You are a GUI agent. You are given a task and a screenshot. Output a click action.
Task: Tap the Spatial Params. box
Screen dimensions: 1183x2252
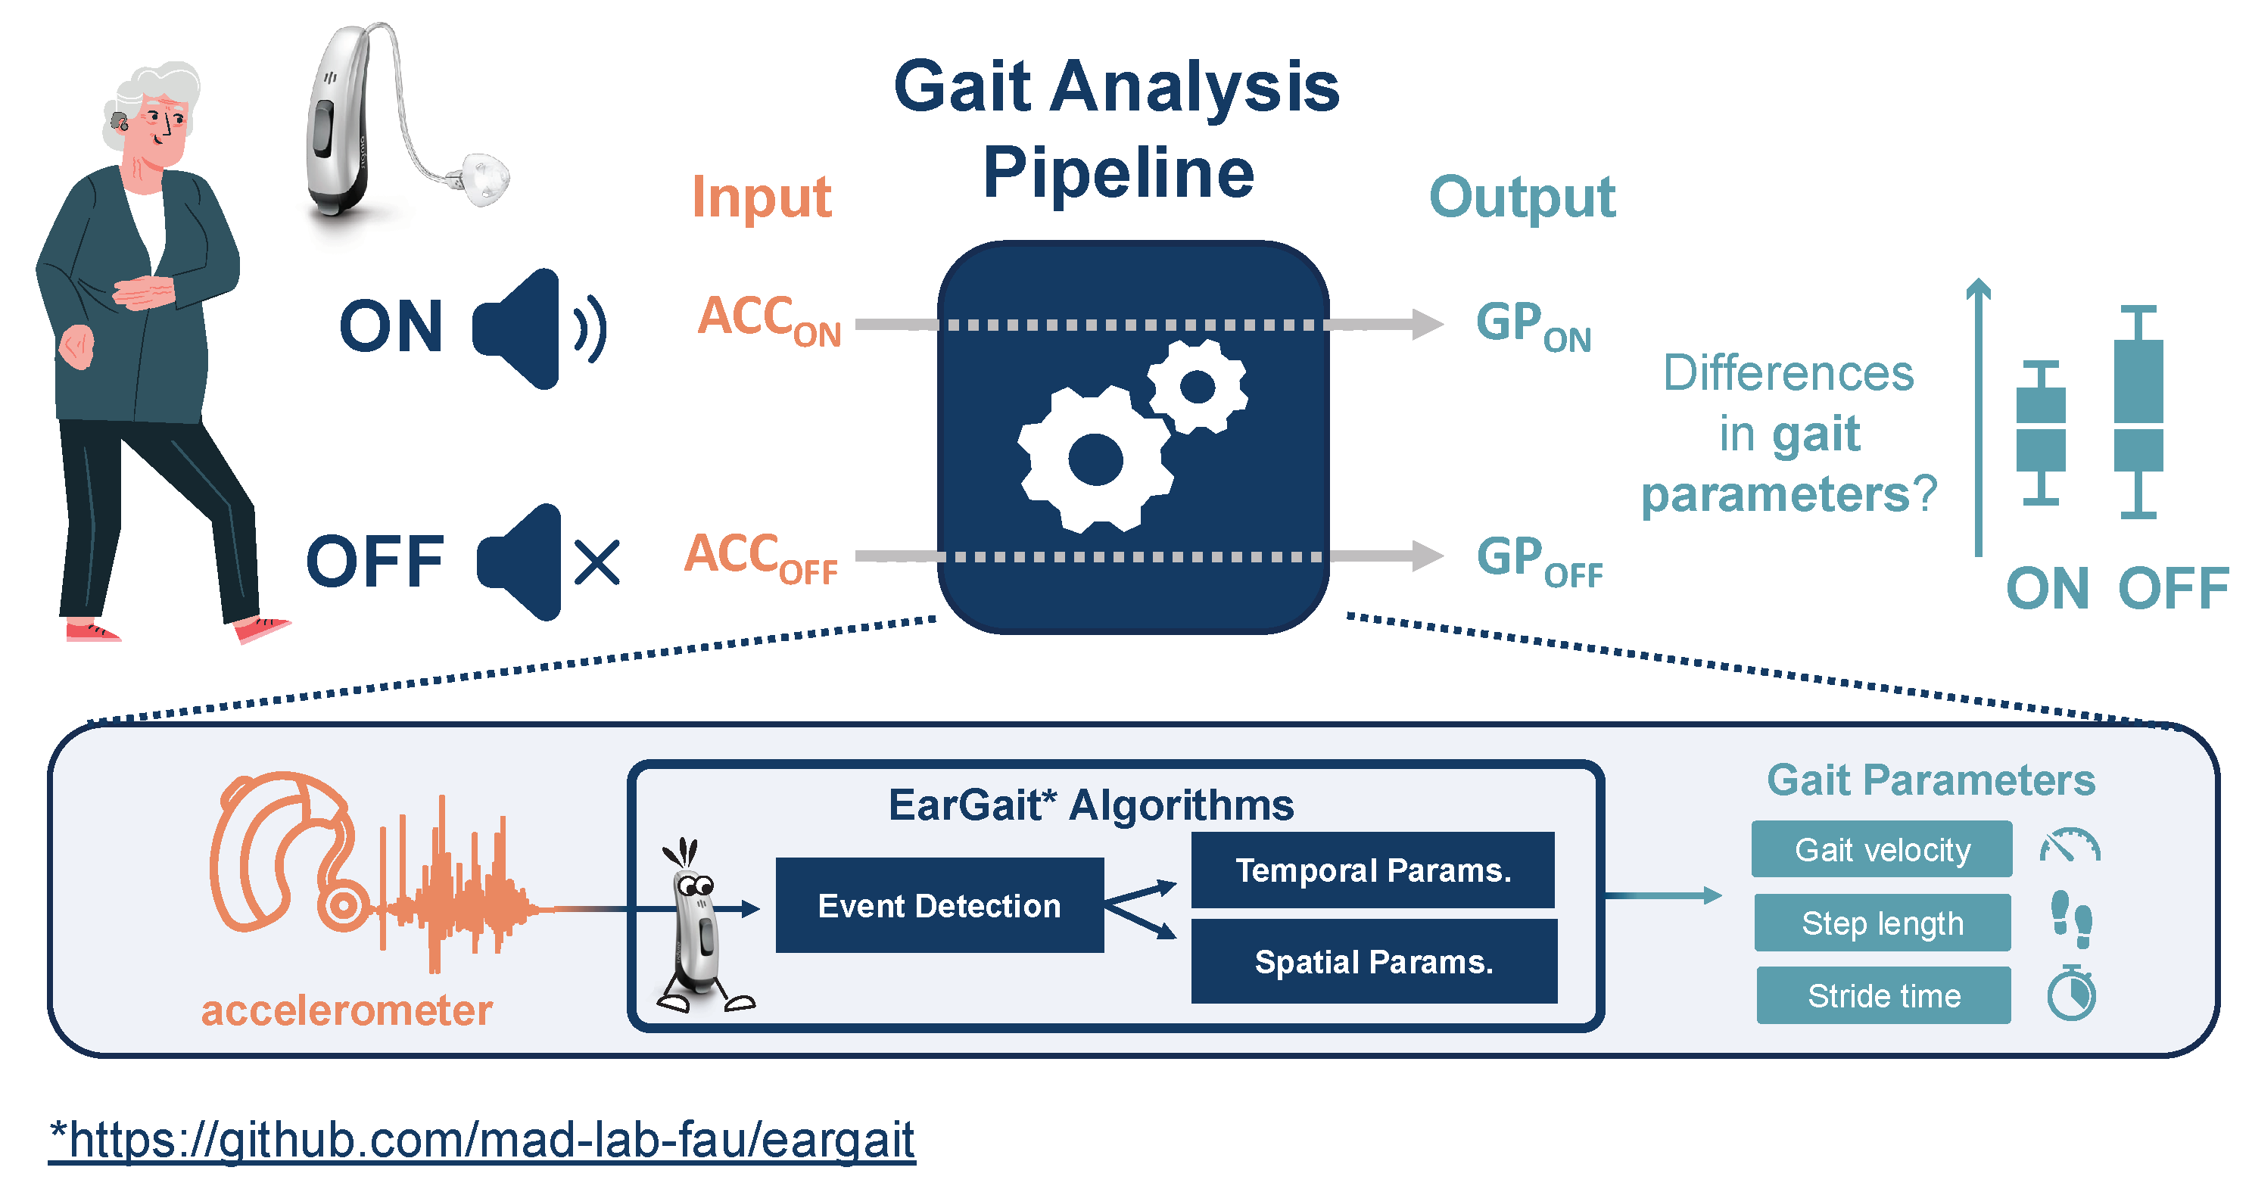[1373, 961]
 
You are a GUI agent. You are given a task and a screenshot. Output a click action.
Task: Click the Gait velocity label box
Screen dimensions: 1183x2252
[1881, 849]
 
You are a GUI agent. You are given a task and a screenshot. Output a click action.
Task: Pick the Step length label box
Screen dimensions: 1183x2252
[1881, 923]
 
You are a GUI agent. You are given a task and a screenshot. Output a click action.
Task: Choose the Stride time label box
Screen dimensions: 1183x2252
[1883, 995]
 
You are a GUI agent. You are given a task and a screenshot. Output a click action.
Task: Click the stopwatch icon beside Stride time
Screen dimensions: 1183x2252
[2071, 993]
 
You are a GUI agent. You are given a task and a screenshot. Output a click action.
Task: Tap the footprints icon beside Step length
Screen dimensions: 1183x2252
[2071, 919]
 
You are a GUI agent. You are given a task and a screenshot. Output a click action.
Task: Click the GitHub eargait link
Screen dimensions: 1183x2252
[481, 1139]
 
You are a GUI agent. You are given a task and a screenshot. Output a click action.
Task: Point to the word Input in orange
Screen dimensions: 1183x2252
[761, 197]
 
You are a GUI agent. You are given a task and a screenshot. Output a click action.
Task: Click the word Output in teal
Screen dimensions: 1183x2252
[1522, 197]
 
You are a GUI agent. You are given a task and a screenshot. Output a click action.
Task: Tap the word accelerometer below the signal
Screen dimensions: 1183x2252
[346, 1010]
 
